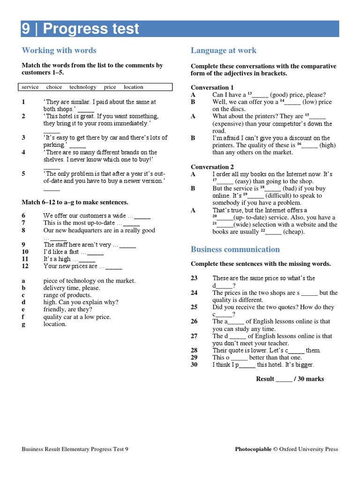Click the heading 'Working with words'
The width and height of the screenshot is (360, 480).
59,51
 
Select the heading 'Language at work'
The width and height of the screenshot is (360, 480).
224,51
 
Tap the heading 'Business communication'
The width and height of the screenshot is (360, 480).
235,249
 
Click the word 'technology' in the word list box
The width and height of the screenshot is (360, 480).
83,87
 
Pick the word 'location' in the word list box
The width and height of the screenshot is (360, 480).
134,87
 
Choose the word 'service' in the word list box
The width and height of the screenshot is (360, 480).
30,87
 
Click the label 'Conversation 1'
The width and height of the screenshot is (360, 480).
212,88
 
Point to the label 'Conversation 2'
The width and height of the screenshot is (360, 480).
212,167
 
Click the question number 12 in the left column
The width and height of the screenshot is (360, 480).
25,266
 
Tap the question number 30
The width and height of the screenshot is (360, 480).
194,365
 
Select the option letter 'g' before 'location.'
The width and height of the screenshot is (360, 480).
23,324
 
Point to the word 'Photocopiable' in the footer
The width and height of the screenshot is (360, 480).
253,449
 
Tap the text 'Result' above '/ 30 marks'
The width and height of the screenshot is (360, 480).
265,379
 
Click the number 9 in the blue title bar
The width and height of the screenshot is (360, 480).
26,29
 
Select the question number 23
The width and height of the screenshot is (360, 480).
194,278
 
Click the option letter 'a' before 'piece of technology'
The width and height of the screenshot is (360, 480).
23,281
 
